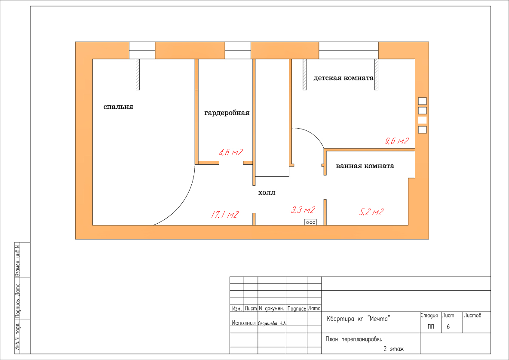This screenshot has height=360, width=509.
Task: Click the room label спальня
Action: [119, 107]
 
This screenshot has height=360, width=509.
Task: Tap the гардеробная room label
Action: [227, 113]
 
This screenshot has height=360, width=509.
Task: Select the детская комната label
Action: [343, 78]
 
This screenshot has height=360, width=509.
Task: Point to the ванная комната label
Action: [365, 166]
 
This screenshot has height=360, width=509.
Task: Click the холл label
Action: [267, 193]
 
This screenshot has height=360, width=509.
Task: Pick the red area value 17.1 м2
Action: [225, 215]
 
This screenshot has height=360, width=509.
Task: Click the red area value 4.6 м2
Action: [231, 152]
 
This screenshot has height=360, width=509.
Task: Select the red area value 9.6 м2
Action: [397, 141]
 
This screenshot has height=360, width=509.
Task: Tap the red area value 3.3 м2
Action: [303, 210]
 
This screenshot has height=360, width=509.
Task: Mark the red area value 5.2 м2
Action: [372, 212]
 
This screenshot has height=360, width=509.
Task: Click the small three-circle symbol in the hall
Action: [311, 222]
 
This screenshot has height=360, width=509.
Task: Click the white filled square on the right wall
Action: [422, 120]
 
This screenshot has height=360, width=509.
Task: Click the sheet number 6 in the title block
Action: [448, 327]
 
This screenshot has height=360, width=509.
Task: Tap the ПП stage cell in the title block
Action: [431, 327]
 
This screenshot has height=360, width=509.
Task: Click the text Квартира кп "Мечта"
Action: [358, 319]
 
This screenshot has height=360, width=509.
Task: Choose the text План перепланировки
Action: [354, 339]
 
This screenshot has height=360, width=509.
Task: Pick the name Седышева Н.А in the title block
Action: [272, 323]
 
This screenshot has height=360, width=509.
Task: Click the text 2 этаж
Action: [393, 349]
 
